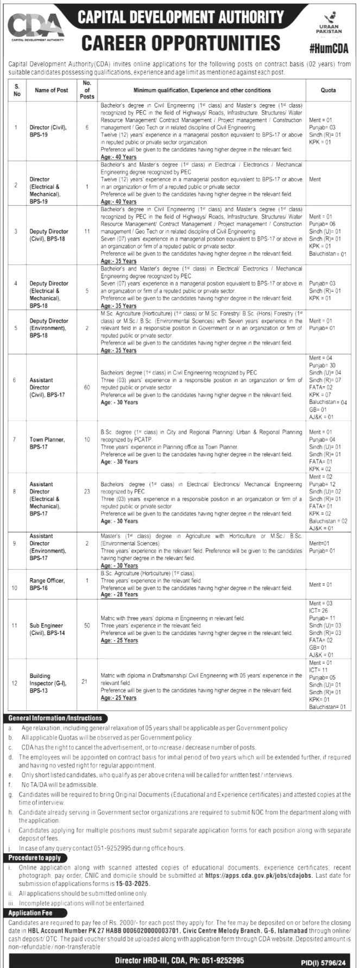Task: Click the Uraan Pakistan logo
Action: point(329,24)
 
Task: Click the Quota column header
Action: point(328,90)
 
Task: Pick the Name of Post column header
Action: point(52,90)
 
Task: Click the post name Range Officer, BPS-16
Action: point(47,584)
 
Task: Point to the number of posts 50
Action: point(87,625)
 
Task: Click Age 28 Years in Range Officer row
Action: point(119,595)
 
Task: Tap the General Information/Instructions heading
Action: point(55,718)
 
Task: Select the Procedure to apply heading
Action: point(38,858)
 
